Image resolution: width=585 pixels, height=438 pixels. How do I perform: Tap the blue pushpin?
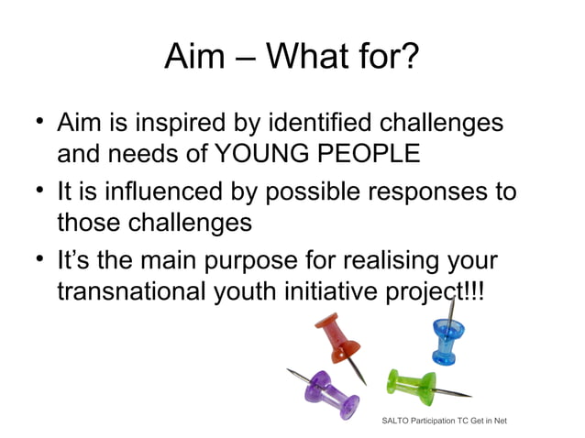pyautogui.click(x=450, y=335)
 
